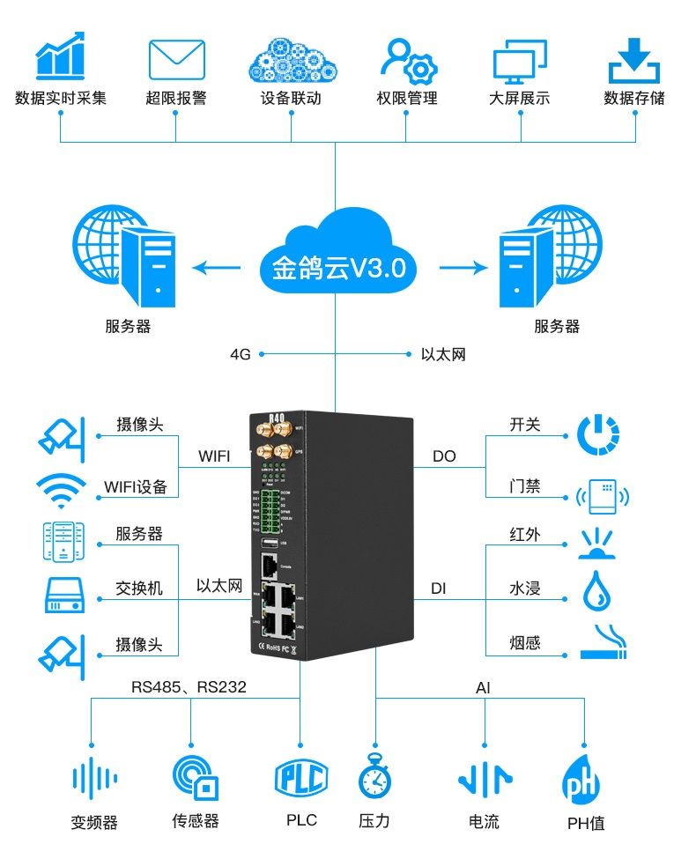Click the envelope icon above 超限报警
pyautogui.click(x=176, y=60)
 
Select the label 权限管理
pyautogui.click(x=406, y=98)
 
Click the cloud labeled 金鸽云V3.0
pyautogui.click(x=335, y=255)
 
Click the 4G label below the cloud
pyautogui.click(x=241, y=355)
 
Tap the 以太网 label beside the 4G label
pyautogui.click(x=442, y=355)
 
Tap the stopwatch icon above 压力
pyautogui.click(x=374, y=776)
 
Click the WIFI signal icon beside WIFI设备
pyautogui.click(x=61, y=491)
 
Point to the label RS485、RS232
pyautogui.click(x=189, y=687)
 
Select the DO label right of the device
pyautogui.click(x=444, y=456)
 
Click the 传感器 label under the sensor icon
pyautogui.click(x=195, y=821)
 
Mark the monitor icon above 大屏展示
pyautogui.click(x=520, y=60)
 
